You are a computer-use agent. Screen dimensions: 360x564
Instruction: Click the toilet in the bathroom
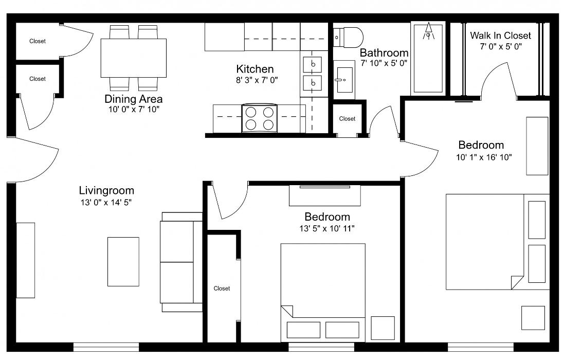pos(350,36)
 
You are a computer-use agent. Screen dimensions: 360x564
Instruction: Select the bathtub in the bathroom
pos(428,58)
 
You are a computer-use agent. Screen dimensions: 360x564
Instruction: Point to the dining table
pos(133,58)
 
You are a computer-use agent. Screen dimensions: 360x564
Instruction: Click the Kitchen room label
pos(254,69)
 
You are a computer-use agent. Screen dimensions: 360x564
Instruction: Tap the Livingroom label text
pos(106,191)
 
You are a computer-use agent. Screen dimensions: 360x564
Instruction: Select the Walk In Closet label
pos(500,35)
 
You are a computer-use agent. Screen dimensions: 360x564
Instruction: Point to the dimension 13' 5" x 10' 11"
pos(327,228)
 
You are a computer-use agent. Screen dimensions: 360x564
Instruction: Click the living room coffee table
pos(123,261)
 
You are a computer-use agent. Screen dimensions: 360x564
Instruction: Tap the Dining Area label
pos(133,99)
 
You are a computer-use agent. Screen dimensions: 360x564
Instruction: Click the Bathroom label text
pos(384,52)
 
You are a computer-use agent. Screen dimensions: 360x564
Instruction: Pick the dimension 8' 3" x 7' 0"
pos(254,80)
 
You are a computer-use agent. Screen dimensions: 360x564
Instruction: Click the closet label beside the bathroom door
pos(347,119)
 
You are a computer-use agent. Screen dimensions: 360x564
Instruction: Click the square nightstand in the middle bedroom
pos(383,328)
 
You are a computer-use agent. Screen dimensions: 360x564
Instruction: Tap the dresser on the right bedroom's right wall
pos(537,146)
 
